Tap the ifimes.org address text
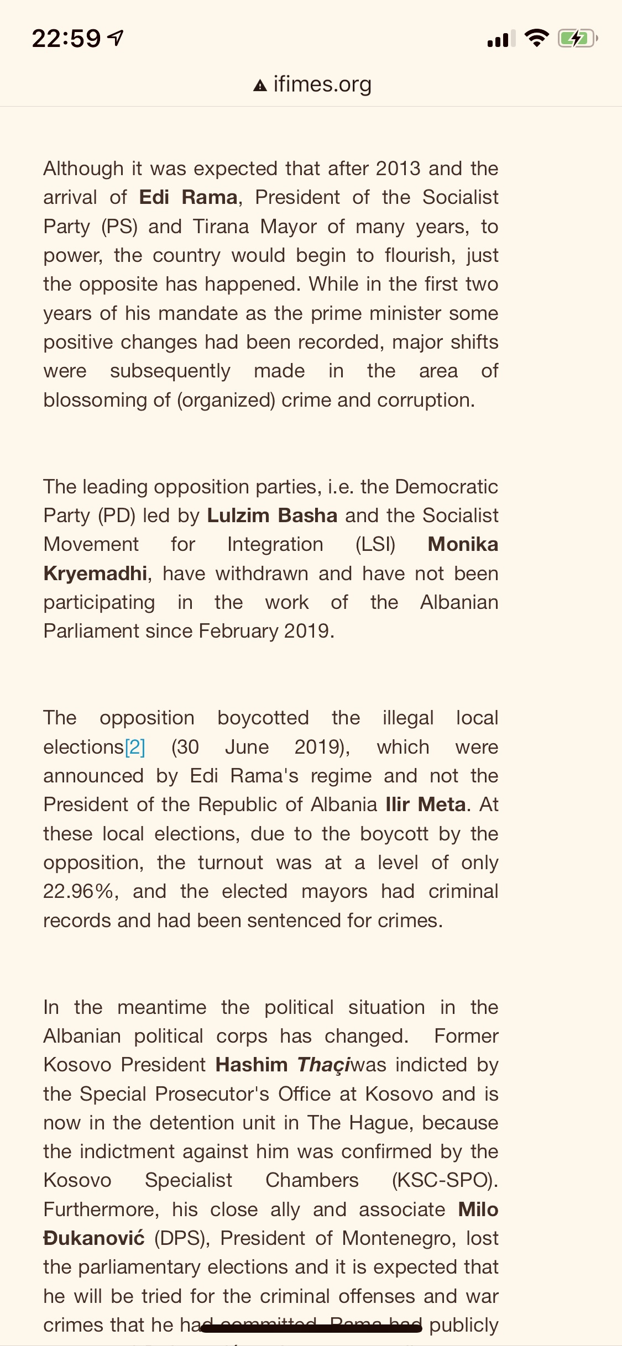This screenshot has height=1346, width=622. pyautogui.click(x=322, y=85)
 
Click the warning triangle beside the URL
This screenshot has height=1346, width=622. pyautogui.click(x=260, y=86)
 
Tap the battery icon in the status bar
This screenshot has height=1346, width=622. pyautogui.click(x=577, y=39)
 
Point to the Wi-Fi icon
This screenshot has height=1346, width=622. pyautogui.click(x=536, y=38)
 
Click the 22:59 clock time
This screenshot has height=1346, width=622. pyautogui.click(x=66, y=39)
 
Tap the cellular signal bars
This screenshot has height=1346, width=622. pyautogui.click(x=501, y=39)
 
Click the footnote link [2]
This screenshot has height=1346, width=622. pyautogui.click(x=135, y=747)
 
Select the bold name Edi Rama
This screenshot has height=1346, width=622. pyautogui.click(x=188, y=197)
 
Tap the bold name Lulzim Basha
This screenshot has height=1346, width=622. pyautogui.click(x=272, y=516)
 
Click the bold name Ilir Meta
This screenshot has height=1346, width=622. pyautogui.click(x=425, y=805)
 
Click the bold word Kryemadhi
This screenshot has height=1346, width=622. pyautogui.click(x=95, y=574)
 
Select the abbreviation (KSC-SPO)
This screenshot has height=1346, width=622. pyautogui.click(x=445, y=1180)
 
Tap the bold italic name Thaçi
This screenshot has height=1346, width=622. pyautogui.click(x=323, y=1065)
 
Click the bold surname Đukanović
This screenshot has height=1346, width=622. pyautogui.click(x=94, y=1238)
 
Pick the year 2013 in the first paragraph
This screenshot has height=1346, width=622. pyautogui.click(x=398, y=169)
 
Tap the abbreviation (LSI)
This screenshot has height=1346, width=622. pyautogui.click(x=375, y=544)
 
